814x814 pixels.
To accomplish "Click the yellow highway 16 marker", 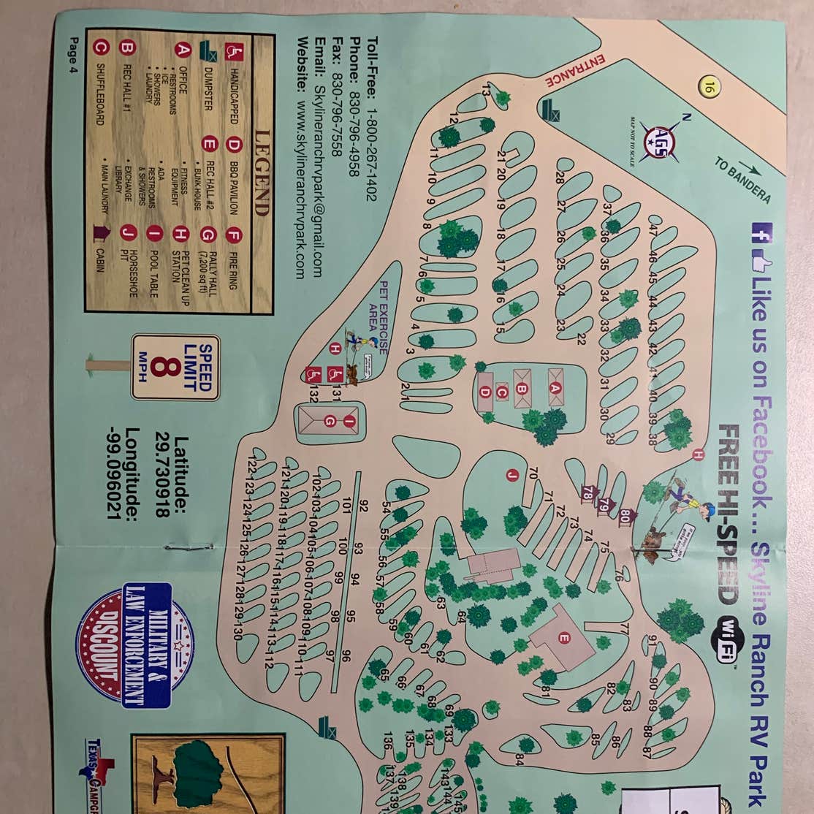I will click(x=708, y=87).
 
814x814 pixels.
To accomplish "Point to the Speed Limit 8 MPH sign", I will click(x=175, y=368).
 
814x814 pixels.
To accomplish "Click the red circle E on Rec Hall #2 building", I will click(x=563, y=638).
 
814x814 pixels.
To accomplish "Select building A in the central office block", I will click(x=555, y=388).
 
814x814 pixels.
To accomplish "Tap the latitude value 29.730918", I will click(x=163, y=477).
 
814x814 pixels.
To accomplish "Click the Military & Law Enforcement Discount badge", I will click(x=135, y=646).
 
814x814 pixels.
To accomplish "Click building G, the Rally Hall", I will click(x=330, y=420).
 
